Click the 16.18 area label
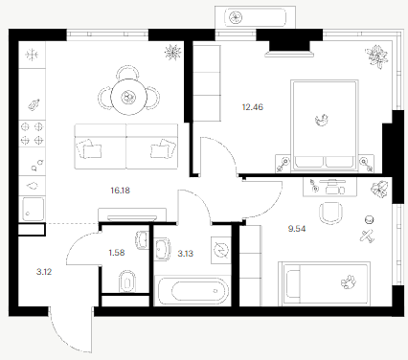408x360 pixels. pos(120,191)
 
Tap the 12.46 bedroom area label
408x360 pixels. pos(253,107)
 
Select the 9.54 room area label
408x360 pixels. pos(297,229)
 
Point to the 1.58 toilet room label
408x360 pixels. pos(117,253)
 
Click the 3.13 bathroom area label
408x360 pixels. pos(185,254)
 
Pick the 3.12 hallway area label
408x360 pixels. pos(44,272)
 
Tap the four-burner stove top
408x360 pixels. pos(32,133)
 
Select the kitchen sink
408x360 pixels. pos(33,209)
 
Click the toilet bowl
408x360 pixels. pos(126,281)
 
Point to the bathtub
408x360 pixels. pos(193,291)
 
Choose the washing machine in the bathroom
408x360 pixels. pos(221,250)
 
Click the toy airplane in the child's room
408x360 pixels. pos(367,236)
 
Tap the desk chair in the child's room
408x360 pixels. pos(331,214)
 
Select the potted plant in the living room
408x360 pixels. pos(173,52)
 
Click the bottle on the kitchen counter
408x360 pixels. pos(34,104)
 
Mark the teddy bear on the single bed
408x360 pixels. pos(349,281)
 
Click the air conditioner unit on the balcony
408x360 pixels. pos(255,17)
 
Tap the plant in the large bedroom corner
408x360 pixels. pos(377,56)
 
